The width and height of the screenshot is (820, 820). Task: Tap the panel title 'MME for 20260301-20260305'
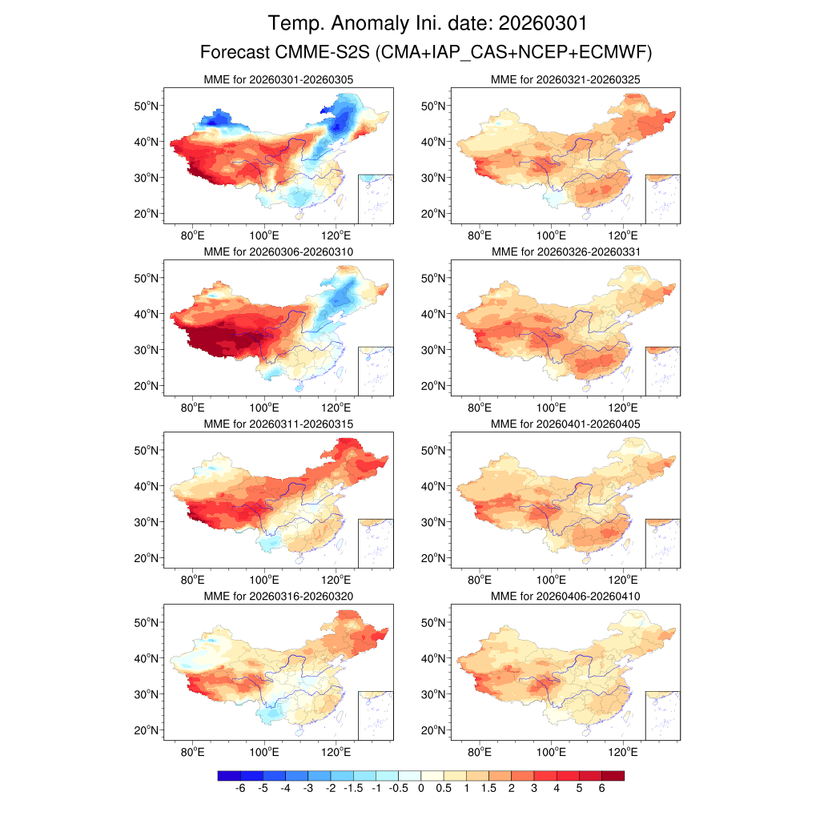(x=279, y=80)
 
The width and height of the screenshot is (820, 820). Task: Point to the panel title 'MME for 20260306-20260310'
(x=279, y=251)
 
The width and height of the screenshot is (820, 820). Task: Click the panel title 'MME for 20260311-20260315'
(x=279, y=424)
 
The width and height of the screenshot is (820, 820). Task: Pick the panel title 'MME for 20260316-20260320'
(x=279, y=597)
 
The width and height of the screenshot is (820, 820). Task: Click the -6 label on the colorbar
(x=239, y=790)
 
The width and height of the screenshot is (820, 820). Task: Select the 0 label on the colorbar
(x=420, y=790)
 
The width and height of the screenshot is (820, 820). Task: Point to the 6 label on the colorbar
(x=601, y=790)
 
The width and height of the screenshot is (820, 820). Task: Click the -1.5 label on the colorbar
(x=352, y=790)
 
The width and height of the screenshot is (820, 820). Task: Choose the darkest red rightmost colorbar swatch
(x=613, y=775)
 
